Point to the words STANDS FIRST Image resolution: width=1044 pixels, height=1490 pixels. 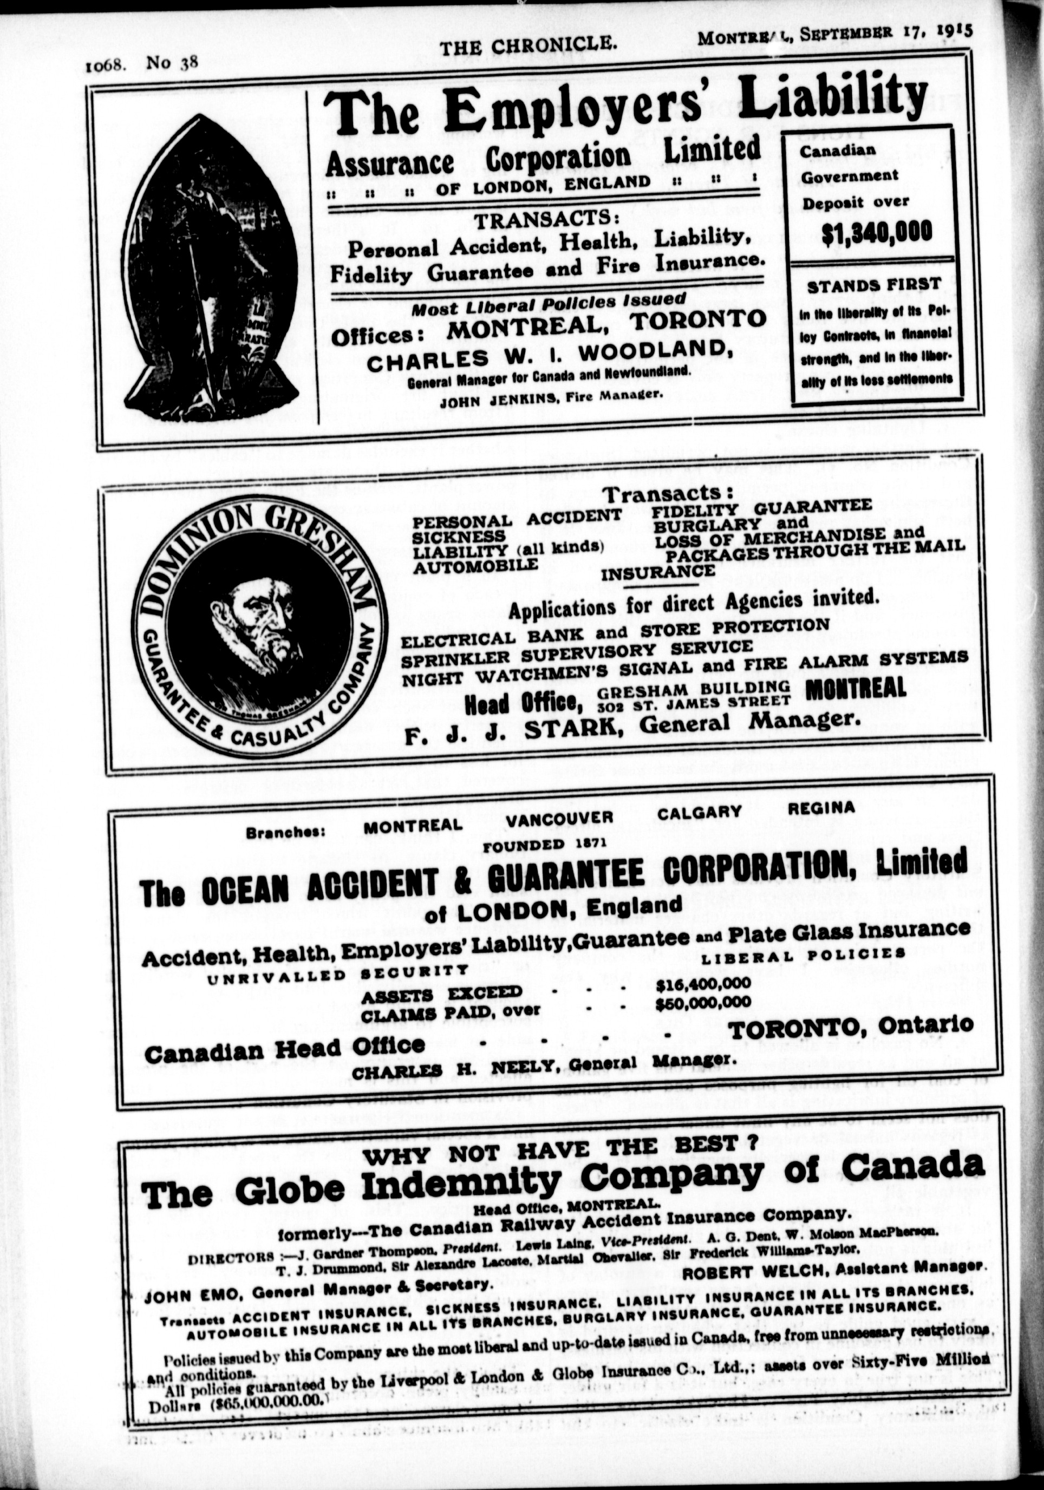click(873, 284)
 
